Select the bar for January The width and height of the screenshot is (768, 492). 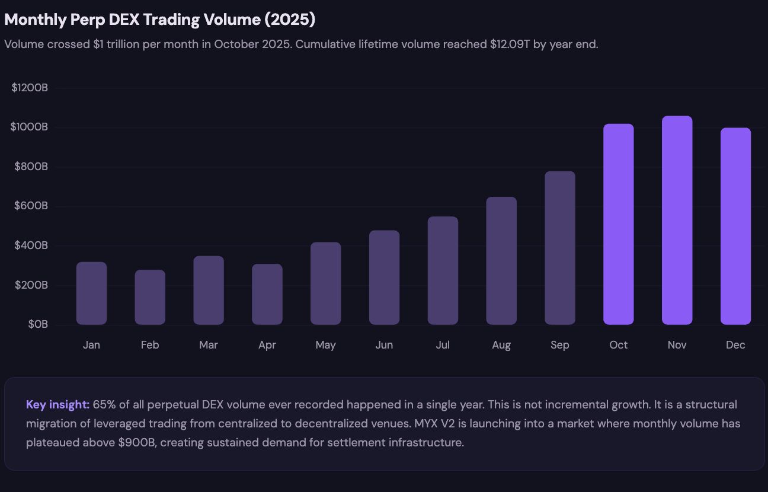pos(91,293)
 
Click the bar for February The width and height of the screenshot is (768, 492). pos(150,298)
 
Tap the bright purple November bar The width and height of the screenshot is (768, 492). pos(677,221)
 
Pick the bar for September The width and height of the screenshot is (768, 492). pos(560,248)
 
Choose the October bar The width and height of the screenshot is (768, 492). pos(618,224)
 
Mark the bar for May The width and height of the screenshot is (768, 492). pos(325,283)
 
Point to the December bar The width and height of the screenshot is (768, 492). pos(735,226)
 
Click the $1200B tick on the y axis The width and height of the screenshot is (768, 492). pos(29,88)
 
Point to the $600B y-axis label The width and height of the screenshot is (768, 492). pos(31,206)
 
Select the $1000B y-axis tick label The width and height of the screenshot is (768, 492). pos(29,127)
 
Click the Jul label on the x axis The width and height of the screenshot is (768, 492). pos(443,345)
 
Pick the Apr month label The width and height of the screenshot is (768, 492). pos(267,345)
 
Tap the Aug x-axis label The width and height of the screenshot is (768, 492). pos(501,345)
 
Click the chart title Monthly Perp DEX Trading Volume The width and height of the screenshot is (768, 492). pos(160,20)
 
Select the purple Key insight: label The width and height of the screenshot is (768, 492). pos(57,405)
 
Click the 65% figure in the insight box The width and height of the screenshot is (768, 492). pos(104,405)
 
